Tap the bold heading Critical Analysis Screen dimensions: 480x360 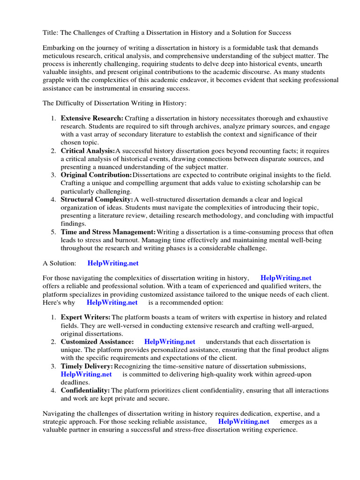tap(88, 151)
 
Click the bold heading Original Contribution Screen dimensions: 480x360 tap(96, 175)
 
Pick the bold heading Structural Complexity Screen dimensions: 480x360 tap(97, 200)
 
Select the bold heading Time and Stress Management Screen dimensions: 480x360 tap(108, 232)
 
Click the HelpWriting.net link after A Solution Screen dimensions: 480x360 tap(113, 263)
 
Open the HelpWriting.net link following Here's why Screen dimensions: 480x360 tap(112, 303)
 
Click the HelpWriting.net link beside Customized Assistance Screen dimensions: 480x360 tap(170, 342)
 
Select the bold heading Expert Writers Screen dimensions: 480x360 tap(86, 317)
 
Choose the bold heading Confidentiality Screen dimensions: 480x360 tap(85, 390)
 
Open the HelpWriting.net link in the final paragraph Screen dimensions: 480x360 tap(244, 421)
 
